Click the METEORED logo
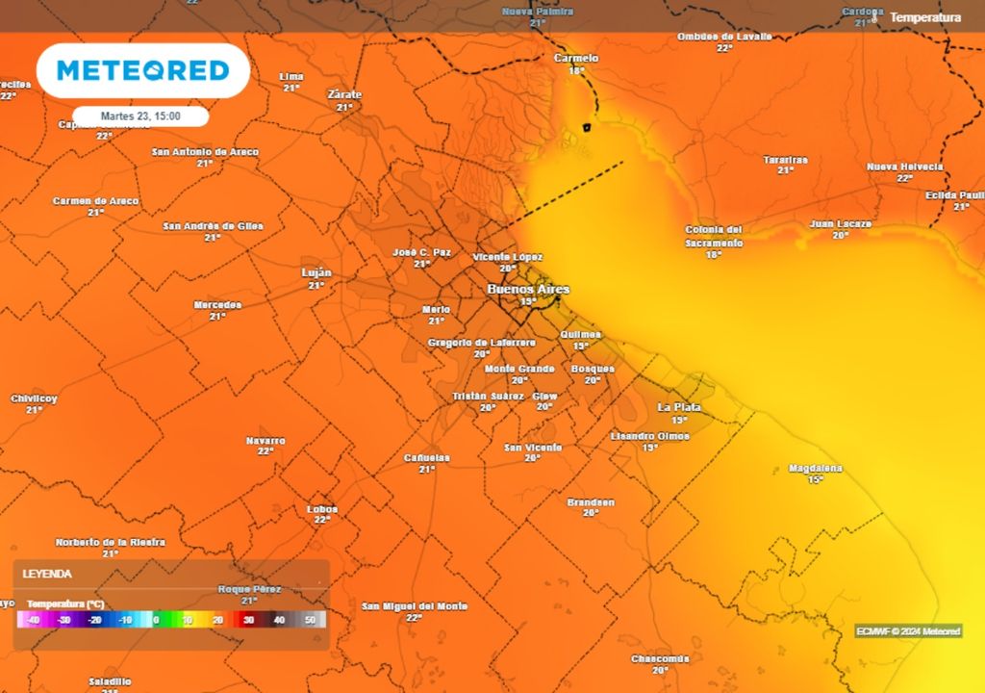pyautogui.click(x=143, y=70)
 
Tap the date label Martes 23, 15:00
pyautogui.click(x=140, y=115)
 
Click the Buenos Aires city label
pyautogui.click(x=528, y=289)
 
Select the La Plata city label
pyautogui.click(x=679, y=407)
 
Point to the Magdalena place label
pyautogui.click(x=815, y=469)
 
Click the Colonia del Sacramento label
pyautogui.click(x=714, y=236)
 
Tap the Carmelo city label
pyautogui.click(x=576, y=59)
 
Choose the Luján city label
pyautogui.click(x=316, y=272)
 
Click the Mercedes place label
pyautogui.click(x=217, y=305)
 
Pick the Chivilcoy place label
pyautogui.click(x=35, y=398)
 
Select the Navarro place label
pyautogui.click(x=265, y=441)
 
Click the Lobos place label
pyautogui.click(x=321, y=508)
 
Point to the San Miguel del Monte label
pyautogui.click(x=415, y=606)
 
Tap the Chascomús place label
pyautogui.click(x=660, y=659)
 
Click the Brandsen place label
pyautogui.click(x=591, y=502)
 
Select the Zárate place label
pyautogui.click(x=344, y=94)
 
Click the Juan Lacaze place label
pyautogui.click(x=841, y=224)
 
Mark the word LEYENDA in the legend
pyautogui.click(x=47, y=574)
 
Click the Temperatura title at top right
pyautogui.click(x=925, y=17)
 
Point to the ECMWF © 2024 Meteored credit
pyautogui.click(x=908, y=631)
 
